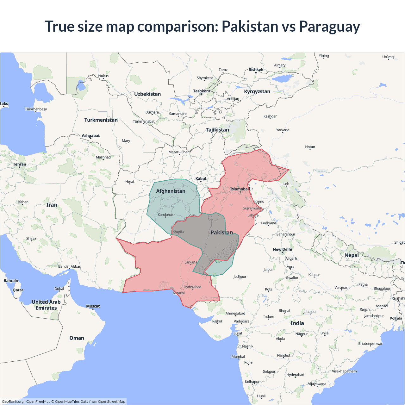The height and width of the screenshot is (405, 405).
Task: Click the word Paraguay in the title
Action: click(329, 27)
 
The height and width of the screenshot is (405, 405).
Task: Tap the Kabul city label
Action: click(201, 179)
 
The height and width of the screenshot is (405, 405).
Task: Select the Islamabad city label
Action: click(240, 189)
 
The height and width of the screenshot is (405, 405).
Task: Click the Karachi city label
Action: click(179, 293)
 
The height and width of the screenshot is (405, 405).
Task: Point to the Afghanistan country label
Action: click(171, 191)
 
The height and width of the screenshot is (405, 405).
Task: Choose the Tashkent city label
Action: click(202, 91)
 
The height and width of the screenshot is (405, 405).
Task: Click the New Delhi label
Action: click(282, 249)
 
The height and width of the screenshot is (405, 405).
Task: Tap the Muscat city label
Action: click(93, 306)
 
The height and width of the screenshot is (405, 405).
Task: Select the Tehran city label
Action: click(20, 164)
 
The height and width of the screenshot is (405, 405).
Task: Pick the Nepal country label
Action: click(352, 255)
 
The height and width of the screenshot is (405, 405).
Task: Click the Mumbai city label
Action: click(238, 357)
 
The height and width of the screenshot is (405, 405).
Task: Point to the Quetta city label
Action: click(178, 232)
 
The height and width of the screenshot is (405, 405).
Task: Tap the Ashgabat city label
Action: click(90, 136)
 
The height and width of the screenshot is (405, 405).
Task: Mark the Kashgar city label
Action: click(270, 116)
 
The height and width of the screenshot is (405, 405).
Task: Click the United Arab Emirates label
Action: click(46, 305)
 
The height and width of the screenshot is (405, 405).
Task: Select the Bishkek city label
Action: click(256, 70)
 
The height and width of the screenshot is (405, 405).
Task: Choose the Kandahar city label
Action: click(165, 215)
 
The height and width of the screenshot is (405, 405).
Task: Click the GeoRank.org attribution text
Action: click(13, 402)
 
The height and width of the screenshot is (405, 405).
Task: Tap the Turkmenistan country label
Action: click(101, 120)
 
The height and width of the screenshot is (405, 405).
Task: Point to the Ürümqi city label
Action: click(388, 57)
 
